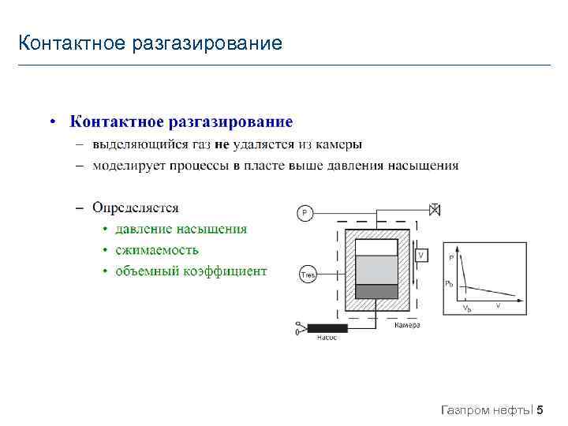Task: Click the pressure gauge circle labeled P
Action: [305, 213]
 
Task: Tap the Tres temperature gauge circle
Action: [306, 275]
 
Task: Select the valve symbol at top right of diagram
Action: [434, 209]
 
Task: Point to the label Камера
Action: [406, 325]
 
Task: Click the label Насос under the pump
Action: [327, 338]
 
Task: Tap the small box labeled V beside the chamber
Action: [421, 256]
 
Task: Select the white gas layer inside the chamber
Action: [377, 248]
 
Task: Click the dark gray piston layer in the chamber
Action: [377, 291]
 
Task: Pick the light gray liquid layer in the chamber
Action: [377, 270]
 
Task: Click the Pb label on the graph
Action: [449, 283]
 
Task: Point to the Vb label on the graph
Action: [467, 308]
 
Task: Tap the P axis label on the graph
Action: [451, 258]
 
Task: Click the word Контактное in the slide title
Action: [67, 42]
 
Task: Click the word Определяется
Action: [135, 207]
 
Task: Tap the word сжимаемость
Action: [156, 250]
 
